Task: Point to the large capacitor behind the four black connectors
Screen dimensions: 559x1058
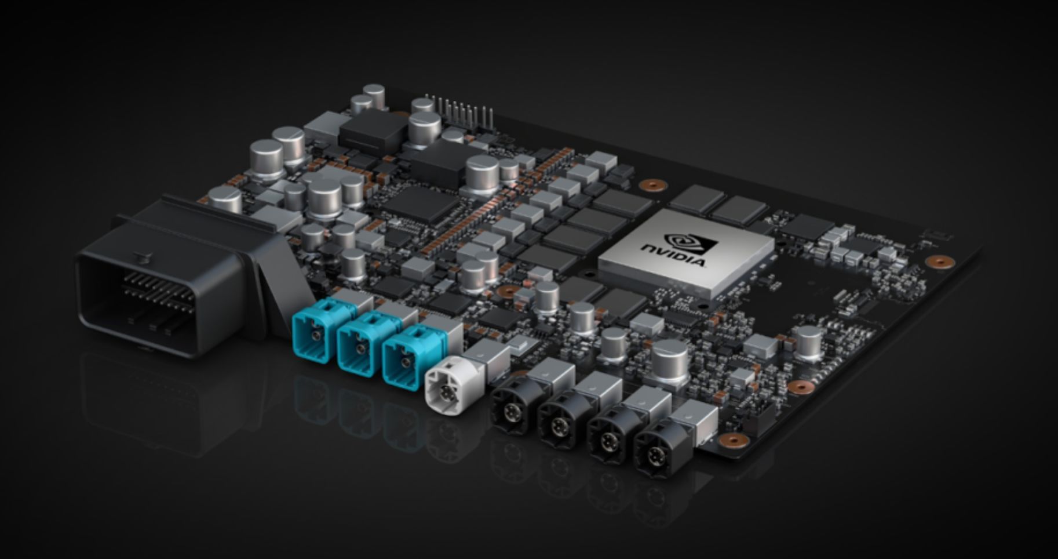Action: coord(670,361)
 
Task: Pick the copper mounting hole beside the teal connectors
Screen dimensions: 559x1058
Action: coord(508,291)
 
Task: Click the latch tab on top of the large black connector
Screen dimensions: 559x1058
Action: coord(139,255)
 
